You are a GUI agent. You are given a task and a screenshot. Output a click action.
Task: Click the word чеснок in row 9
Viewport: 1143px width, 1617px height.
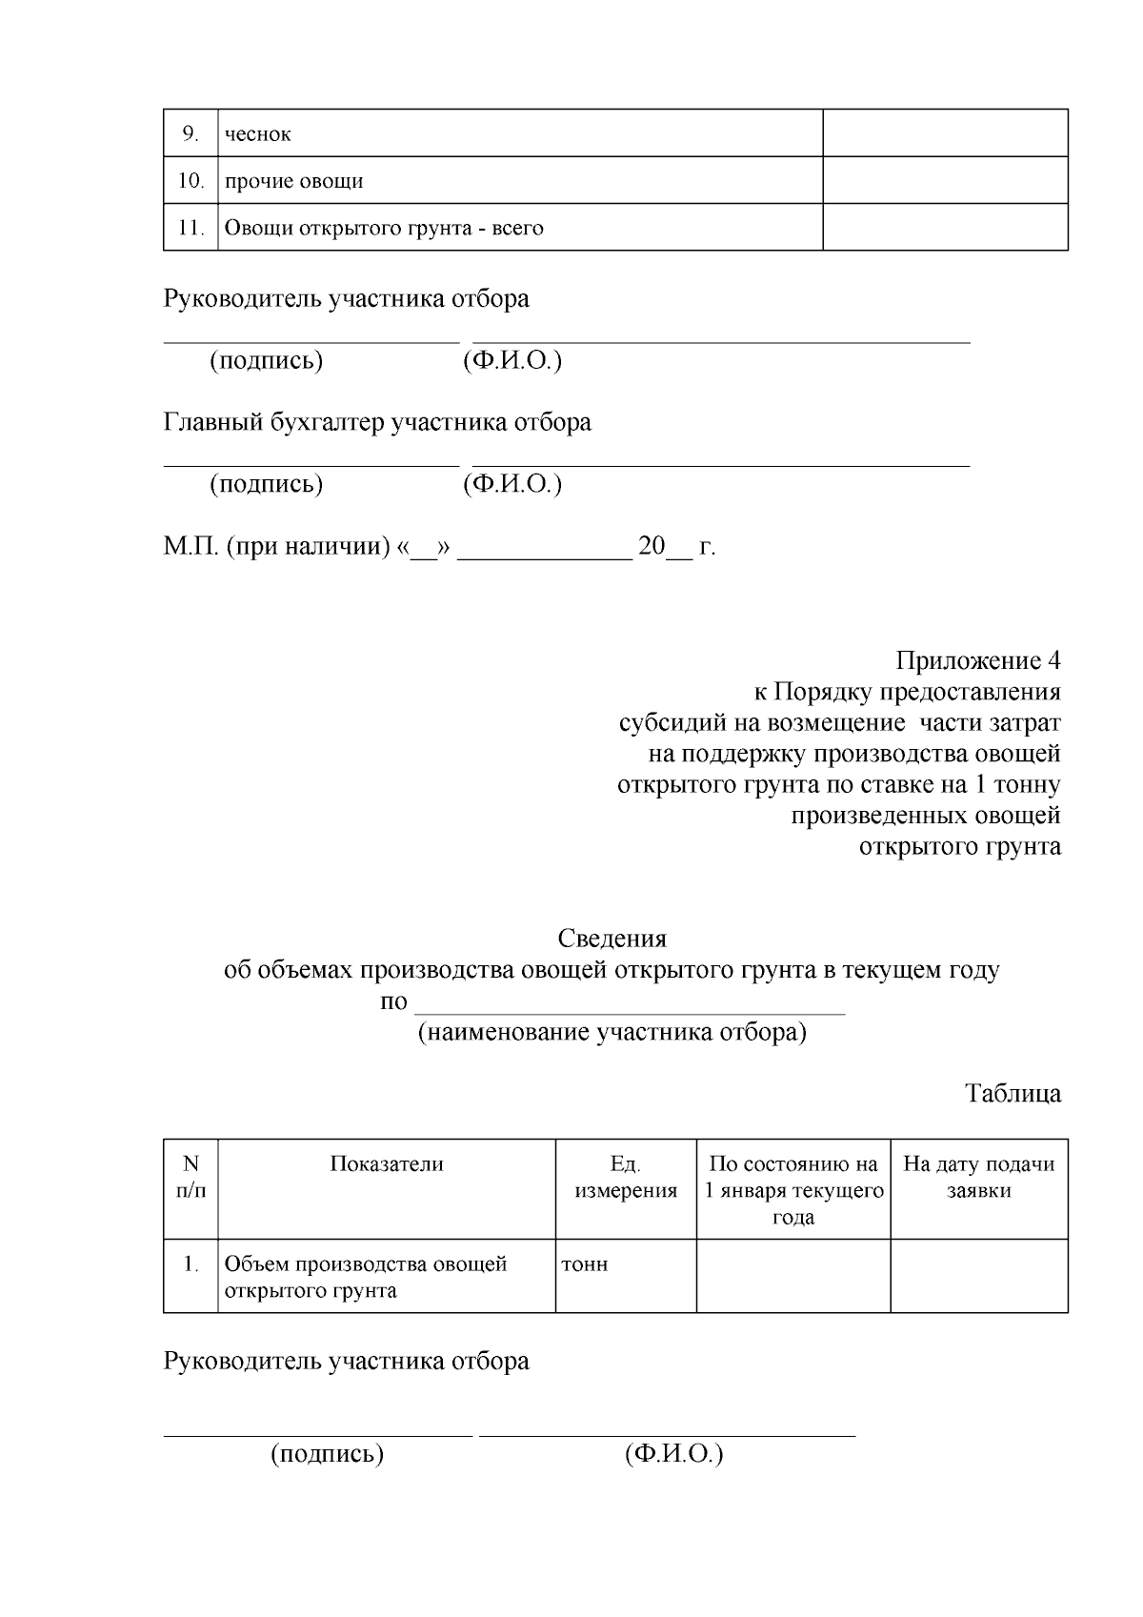[x=258, y=134]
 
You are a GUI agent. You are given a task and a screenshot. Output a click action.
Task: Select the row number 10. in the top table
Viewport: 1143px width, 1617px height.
[x=190, y=181]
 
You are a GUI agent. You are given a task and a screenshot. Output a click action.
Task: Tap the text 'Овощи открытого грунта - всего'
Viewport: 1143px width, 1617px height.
[x=384, y=229]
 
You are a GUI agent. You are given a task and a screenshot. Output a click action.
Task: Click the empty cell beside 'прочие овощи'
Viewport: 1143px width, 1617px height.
[x=944, y=180]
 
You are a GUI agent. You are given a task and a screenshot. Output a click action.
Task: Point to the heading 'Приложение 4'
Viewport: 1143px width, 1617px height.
[x=977, y=660]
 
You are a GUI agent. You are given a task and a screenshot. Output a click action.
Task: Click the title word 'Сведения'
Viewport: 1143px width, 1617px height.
[x=612, y=939]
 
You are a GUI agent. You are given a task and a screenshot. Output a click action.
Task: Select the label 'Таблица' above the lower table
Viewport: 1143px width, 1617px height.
[x=1013, y=1093]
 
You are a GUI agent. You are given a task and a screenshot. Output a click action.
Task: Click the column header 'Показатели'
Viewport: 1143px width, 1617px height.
[x=387, y=1163]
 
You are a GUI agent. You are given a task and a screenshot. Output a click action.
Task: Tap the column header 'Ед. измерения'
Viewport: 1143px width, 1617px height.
[x=626, y=1177]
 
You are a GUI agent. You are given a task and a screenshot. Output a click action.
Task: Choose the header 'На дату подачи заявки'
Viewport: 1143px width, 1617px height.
[x=978, y=1177]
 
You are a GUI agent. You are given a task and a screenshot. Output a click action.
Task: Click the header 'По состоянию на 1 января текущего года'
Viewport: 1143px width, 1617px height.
[x=792, y=1190]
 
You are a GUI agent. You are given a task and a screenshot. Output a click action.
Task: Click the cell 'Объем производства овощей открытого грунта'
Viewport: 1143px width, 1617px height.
[x=365, y=1277]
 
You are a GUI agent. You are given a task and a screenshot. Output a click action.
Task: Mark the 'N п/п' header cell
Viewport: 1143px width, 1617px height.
[x=190, y=1177]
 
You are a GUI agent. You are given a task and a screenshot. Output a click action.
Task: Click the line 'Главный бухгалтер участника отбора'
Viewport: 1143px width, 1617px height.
[x=377, y=422]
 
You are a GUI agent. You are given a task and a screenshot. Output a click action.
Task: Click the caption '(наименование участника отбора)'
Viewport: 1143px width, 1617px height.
[x=612, y=1033]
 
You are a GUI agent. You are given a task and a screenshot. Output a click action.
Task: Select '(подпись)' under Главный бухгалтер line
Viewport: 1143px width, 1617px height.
[x=266, y=484]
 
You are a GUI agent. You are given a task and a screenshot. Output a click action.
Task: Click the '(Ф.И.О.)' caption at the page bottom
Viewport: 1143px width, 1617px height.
[x=674, y=1454]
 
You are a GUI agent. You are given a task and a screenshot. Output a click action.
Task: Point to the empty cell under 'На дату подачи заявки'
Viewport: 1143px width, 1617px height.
[x=978, y=1275]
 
